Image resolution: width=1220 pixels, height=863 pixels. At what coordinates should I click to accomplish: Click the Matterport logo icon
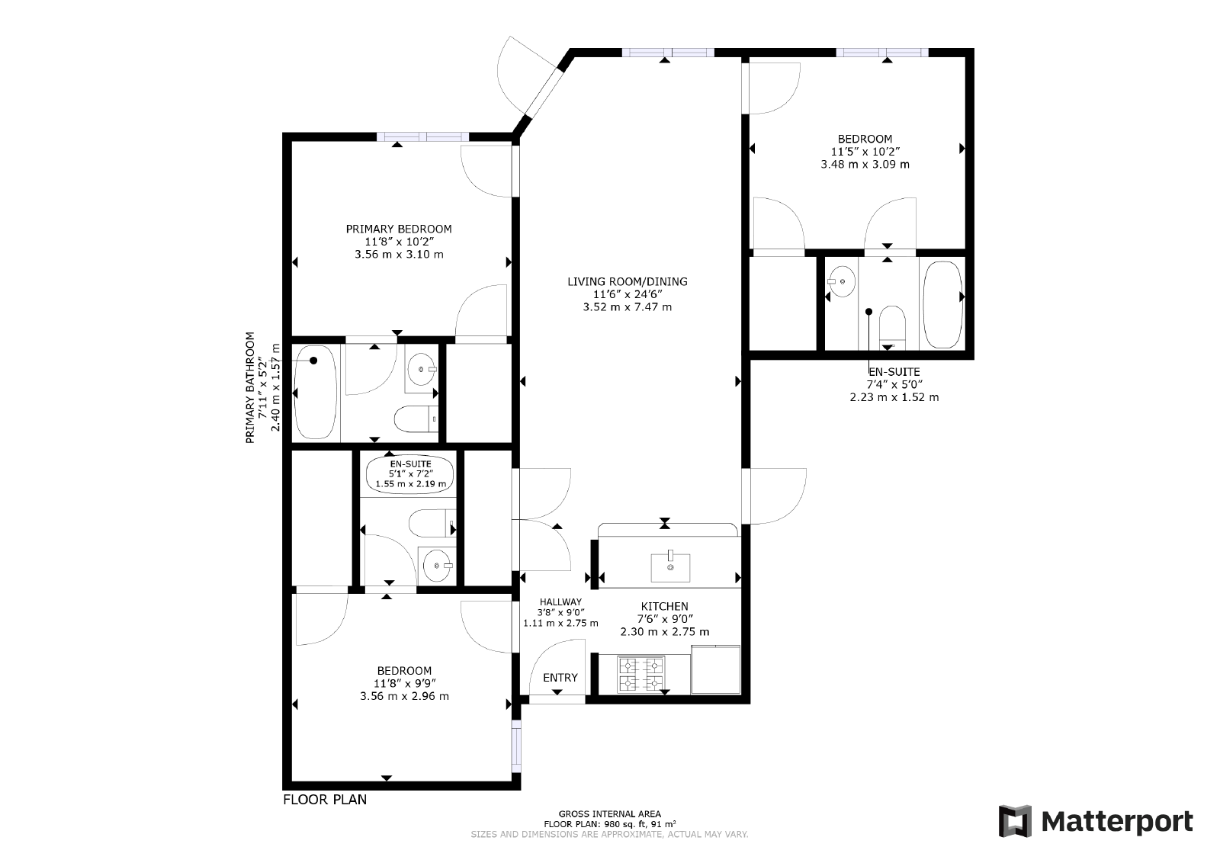pyautogui.click(x=1015, y=821)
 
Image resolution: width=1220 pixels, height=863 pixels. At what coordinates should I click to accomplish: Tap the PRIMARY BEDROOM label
pyautogui.click(x=399, y=229)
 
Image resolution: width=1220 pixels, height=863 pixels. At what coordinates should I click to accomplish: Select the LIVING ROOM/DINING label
pyautogui.click(x=628, y=281)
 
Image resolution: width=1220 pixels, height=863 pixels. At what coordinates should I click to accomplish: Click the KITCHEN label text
pyautogui.click(x=664, y=607)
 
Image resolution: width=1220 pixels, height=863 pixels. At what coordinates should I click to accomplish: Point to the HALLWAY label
pyautogui.click(x=560, y=602)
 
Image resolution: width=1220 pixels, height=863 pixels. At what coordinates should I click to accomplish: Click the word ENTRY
pyautogui.click(x=560, y=677)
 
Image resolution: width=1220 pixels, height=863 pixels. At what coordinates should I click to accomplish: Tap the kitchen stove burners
pyautogui.click(x=640, y=674)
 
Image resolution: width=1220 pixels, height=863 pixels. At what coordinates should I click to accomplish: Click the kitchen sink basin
pyautogui.click(x=670, y=568)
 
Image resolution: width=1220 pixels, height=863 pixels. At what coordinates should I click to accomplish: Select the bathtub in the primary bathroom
pyautogui.click(x=316, y=392)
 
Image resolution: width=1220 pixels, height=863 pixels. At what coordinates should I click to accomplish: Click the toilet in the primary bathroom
pyautogui.click(x=416, y=419)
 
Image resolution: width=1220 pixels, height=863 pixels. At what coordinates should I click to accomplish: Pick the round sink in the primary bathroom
pyautogui.click(x=420, y=369)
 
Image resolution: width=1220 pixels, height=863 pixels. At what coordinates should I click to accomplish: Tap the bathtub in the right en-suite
pyautogui.click(x=942, y=305)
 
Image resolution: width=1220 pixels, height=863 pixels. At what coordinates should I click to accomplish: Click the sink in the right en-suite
pyautogui.click(x=842, y=281)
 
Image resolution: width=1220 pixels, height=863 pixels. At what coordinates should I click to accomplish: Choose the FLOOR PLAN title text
pyautogui.click(x=325, y=799)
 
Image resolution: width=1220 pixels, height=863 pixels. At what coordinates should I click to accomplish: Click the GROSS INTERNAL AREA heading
pyautogui.click(x=610, y=814)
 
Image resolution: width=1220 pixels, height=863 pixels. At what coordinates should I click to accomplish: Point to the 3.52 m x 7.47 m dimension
pyautogui.click(x=628, y=307)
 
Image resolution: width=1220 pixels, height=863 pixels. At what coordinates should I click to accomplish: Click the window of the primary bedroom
pyautogui.click(x=422, y=136)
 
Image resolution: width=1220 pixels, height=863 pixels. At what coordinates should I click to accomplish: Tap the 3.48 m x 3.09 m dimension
pyautogui.click(x=865, y=165)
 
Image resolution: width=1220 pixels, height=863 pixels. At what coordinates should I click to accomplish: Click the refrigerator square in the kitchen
pyautogui.click(x=716, y=669)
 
